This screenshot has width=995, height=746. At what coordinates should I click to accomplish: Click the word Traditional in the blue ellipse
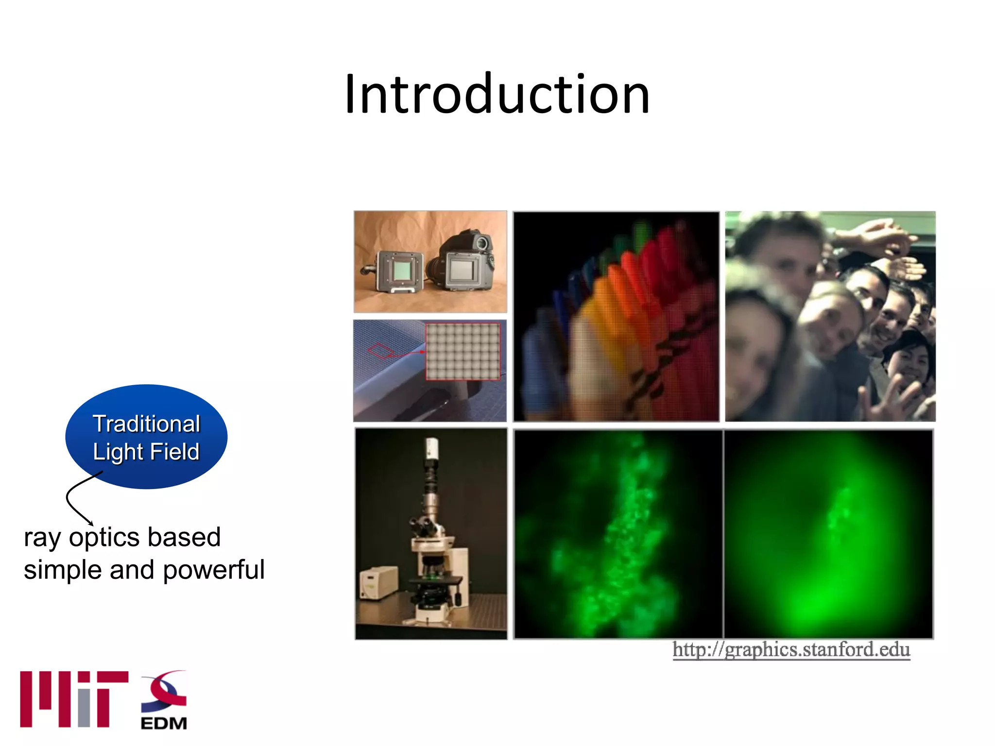point(146,424)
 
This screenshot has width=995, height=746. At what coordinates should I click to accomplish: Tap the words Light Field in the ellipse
point(146,452)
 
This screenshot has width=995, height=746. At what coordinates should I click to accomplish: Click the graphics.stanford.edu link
point(791,649)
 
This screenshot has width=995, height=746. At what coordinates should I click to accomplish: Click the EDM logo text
point(164,723)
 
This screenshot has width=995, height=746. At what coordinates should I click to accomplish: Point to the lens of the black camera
point(481,241)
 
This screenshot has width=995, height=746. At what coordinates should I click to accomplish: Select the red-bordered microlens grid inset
point(463,351)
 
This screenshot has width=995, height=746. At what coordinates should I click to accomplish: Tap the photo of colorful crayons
point(616,317)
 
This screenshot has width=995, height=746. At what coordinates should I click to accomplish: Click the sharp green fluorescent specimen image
point(618,534)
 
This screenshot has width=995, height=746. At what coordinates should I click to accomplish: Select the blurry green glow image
point(828,534)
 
